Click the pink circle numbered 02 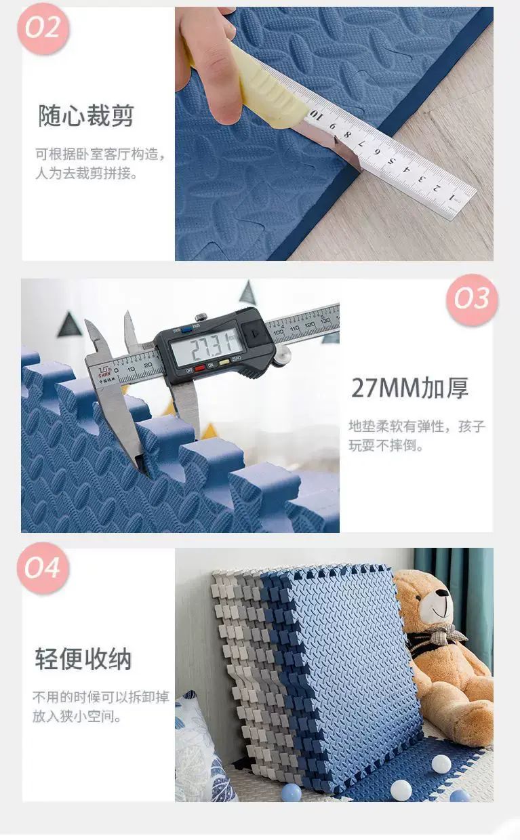point(43,28)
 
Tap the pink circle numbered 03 point(472,299)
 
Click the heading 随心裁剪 point(86,115)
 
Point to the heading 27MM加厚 point(409,388)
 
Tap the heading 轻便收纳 point(83,658)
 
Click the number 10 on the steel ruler point(316,115)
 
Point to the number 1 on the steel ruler point(452,196)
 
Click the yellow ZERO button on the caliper point(224,362)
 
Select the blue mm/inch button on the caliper point(186,330)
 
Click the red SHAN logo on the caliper point(104,372)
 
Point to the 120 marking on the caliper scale point(311,325)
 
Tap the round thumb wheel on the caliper point(283,355)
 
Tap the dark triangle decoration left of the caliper point(68,325)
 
